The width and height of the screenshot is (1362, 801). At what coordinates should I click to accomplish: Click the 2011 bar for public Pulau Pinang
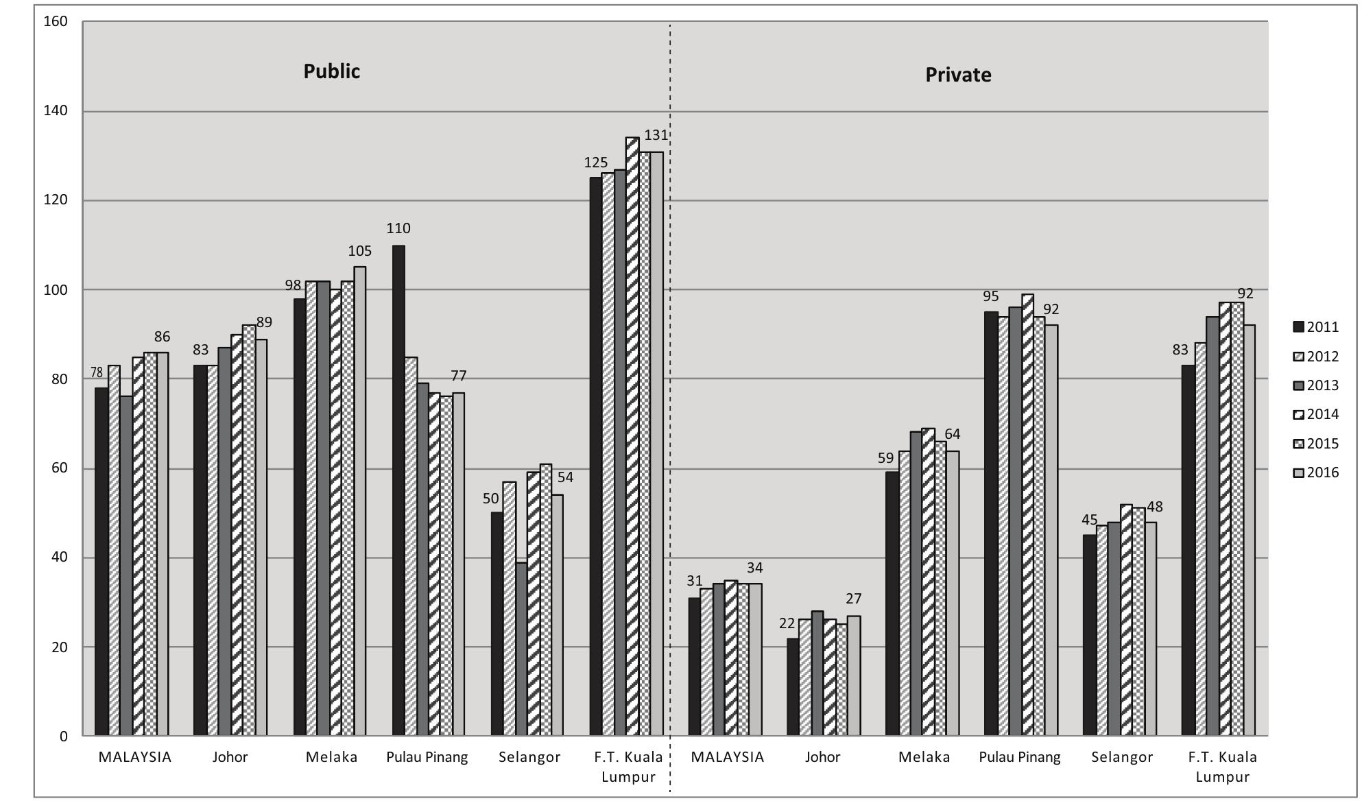[x=398, y=490]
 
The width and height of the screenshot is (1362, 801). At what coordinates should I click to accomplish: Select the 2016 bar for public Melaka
[x=360, y=501]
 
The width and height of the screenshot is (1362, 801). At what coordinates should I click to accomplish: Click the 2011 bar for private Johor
[x=793, y=686]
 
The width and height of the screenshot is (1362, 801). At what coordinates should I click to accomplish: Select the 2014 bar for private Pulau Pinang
[x=1027, y=514]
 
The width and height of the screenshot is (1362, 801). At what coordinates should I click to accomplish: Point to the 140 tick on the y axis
[x=56, y=110]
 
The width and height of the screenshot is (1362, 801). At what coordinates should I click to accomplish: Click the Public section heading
[x=331, y=71]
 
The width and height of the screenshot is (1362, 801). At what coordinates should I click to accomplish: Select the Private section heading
[x=958, y=75]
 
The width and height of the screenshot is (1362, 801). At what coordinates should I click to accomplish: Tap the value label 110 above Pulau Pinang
[x=398, y=228]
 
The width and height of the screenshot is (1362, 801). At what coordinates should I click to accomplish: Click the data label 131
[x=656, y=136]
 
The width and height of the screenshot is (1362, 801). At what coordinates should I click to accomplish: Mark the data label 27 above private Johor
[x=853, y=599]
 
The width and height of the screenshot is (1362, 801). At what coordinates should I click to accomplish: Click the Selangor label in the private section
[x=1122, y=757]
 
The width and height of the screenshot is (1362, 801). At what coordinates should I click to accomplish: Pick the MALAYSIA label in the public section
[x=134, y=757]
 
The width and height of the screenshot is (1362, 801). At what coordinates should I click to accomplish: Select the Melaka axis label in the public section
[x=331, y=757]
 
